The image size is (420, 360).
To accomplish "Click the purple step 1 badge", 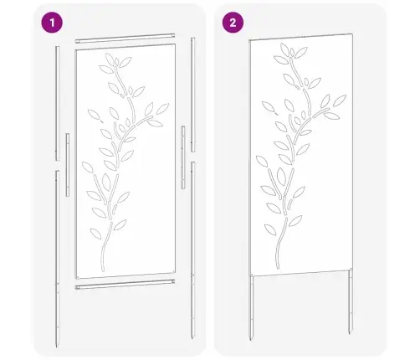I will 53,23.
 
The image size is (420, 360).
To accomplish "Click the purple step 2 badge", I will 229,23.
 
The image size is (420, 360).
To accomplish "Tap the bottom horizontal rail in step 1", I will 125,287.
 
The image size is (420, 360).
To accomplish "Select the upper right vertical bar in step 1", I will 192,100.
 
